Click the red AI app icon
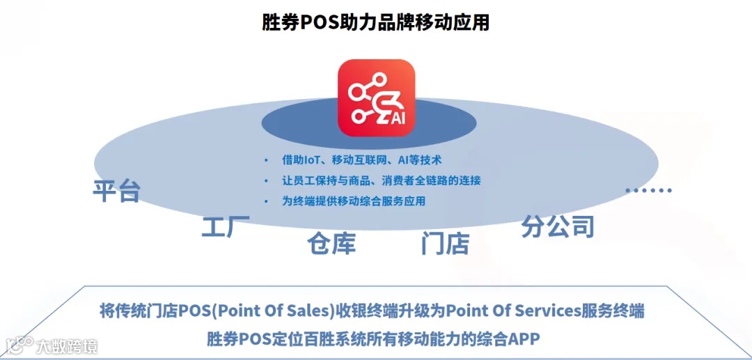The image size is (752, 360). (x=376, y=97)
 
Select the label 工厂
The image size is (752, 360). (x=226, y=227)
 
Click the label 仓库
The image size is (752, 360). (x=332, y=243)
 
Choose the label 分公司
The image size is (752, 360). (x=558, y=226)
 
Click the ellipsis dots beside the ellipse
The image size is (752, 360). (x=648, y=189)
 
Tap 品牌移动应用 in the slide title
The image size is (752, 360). (x=439, y=22)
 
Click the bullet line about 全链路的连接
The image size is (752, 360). (x=381, y=180)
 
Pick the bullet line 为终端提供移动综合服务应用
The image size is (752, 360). (x=353, y=201)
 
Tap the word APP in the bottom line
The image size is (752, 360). (x=524, y=338)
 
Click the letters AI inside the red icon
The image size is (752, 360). (x=397, y=118)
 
